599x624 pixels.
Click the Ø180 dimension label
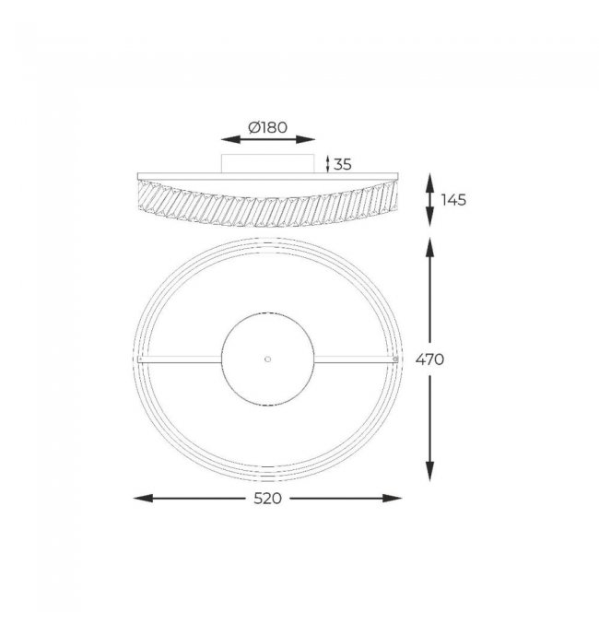point(267,127)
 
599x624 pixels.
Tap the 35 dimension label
point(342,164)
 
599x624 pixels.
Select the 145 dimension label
point(453,200)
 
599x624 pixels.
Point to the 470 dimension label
point(429,359)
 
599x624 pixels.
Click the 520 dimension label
point(267,499)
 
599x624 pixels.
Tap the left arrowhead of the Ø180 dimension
point(230,139)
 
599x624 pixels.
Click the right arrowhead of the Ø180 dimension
point(305,139)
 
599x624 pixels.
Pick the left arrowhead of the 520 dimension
point(143,499)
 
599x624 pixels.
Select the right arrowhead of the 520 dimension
point(392,499)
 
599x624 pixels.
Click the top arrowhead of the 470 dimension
point(429,247)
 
